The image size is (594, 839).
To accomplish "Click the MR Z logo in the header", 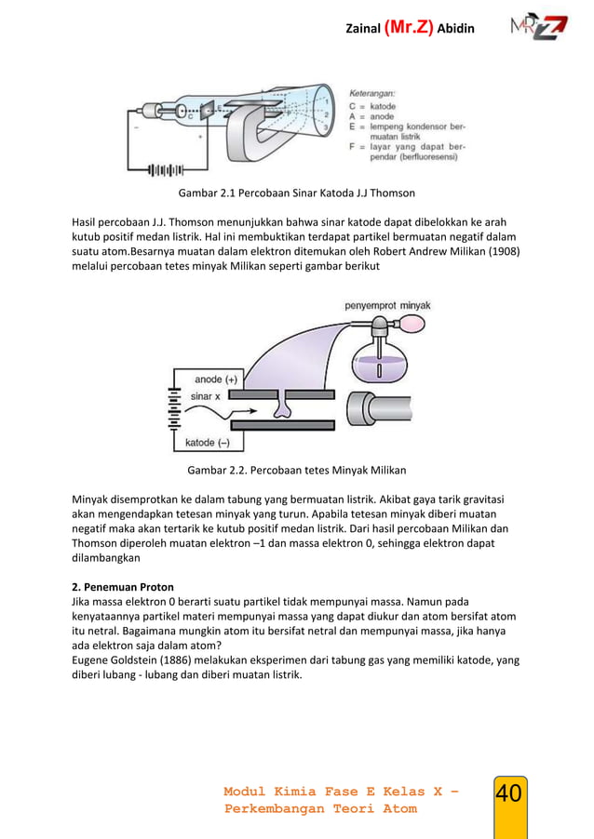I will coord(537,26).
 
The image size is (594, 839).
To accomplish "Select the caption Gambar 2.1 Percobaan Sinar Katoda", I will coord(296,193).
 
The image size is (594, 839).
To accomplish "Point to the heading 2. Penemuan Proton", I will coord(123,587).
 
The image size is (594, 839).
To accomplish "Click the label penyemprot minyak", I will coord(387,305).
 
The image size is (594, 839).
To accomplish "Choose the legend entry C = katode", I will coord(372,106).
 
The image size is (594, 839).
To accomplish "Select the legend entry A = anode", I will coord(371,116).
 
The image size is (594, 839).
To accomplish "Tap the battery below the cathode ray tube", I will coord(165,170).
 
